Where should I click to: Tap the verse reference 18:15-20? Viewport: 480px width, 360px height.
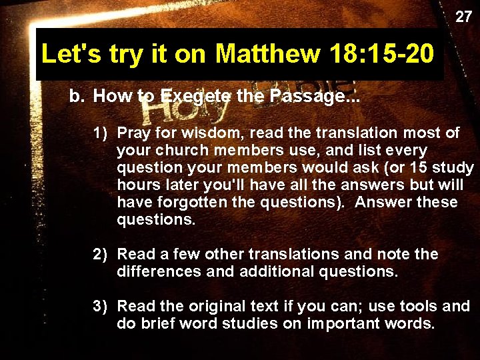tap(381, 54)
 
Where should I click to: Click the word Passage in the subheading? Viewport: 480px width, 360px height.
tap(313, 96)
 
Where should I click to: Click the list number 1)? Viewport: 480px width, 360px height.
tap(101, 133)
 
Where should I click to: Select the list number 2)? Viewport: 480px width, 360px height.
tap(101, 254)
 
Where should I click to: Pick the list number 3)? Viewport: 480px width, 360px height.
tap(101, 306)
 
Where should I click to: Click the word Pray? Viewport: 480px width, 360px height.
tap(135, 133)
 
